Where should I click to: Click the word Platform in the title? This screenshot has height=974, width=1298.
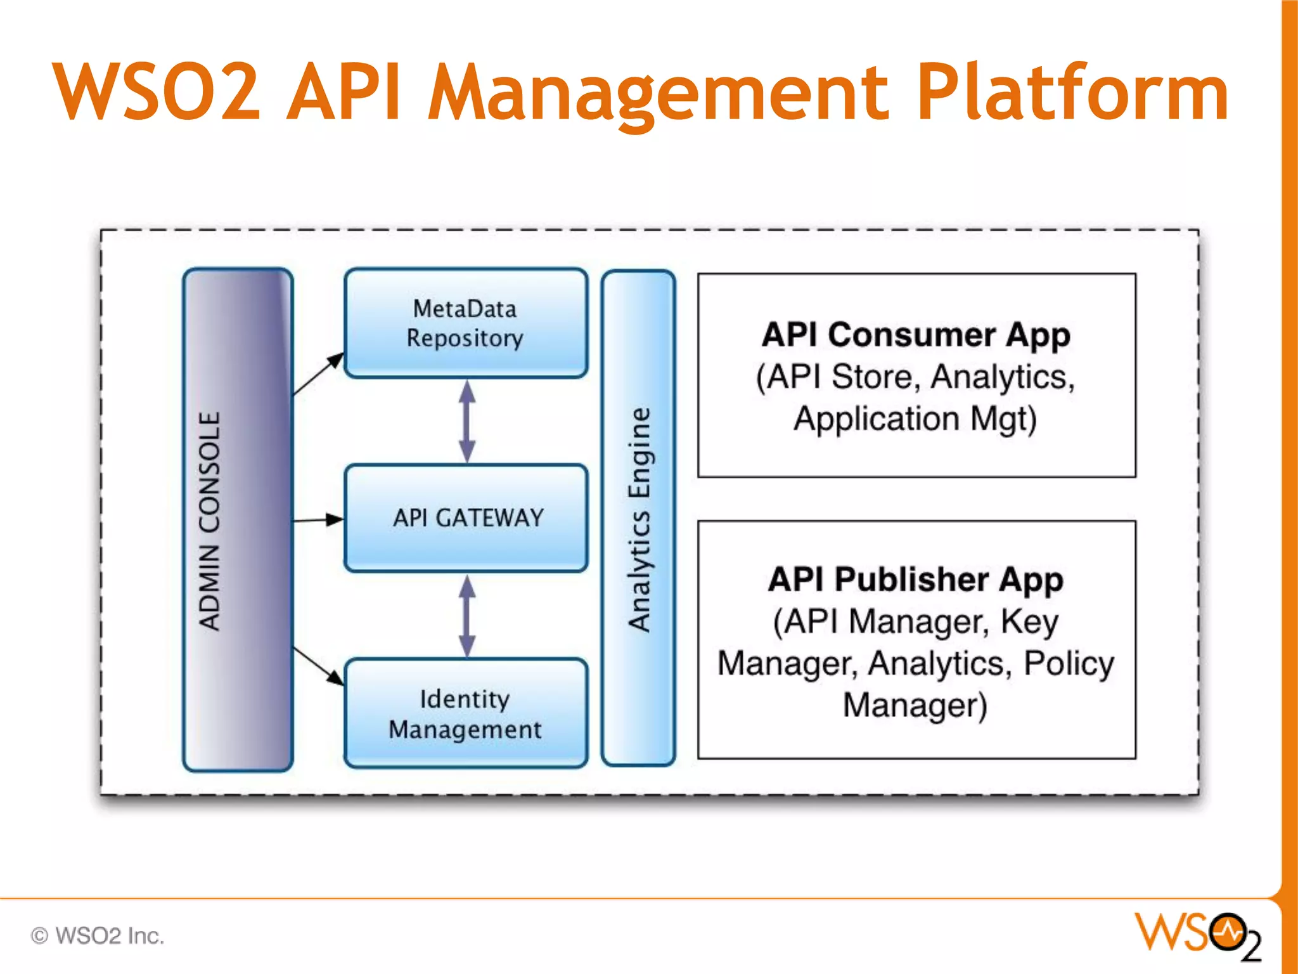tap(1071, 92)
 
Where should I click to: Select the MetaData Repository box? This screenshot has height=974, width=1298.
tap(466, 323)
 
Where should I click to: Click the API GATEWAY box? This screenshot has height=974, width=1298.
tap(467, 518)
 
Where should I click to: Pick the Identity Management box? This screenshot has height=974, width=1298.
tap(466, 713)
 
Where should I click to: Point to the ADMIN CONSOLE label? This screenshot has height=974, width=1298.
tap(210, 520)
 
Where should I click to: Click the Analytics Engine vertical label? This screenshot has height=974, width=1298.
tap(639, 520)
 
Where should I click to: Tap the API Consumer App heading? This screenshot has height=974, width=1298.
tap(916, 335)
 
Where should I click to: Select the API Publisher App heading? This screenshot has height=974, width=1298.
tap(916, 579)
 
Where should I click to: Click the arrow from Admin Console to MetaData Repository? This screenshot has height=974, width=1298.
tap(317, 375)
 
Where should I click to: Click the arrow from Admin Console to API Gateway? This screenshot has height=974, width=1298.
tap(317, 520)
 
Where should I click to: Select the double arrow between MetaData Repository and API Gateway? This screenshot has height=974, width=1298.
tap(467, 421)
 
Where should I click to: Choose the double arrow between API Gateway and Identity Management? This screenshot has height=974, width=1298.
tap(467, 616)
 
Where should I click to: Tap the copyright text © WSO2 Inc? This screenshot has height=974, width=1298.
tap(98, 936)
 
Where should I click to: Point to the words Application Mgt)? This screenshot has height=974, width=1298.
tap(916, 419)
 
